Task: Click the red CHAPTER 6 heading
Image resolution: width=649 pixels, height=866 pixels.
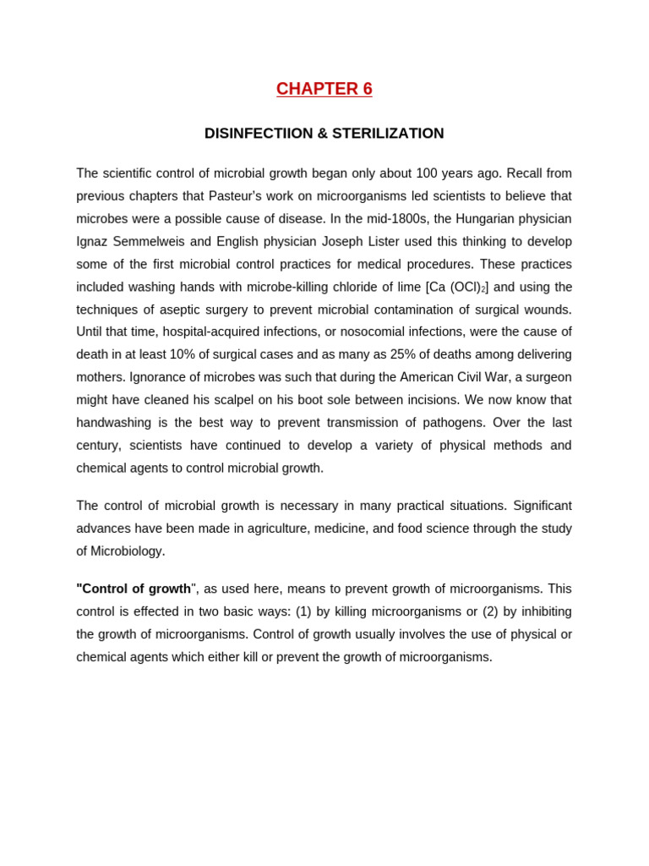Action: pyautogui.click(x=324, y=89)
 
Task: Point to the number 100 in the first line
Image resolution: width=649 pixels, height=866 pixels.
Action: pyautogui.click(x=427, y=173)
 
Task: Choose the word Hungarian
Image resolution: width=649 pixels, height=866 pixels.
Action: pyautogui.click(x=488, y=219)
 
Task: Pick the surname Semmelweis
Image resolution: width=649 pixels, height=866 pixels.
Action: pyautogui.click(x=150, y=242)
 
